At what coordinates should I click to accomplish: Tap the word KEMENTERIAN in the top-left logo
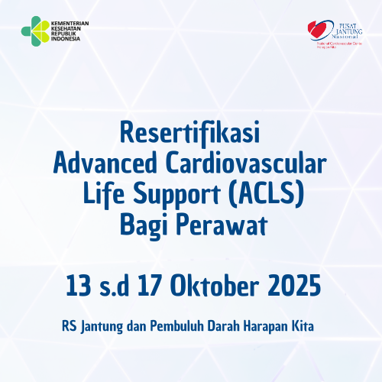(70, 24)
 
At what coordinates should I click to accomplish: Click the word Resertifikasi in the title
(191, 132)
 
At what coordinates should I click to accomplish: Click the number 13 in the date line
(76, 288)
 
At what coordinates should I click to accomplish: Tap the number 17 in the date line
(151, 288)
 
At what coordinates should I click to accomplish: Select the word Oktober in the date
(219, 288)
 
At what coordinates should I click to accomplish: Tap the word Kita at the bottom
(309, 325)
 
